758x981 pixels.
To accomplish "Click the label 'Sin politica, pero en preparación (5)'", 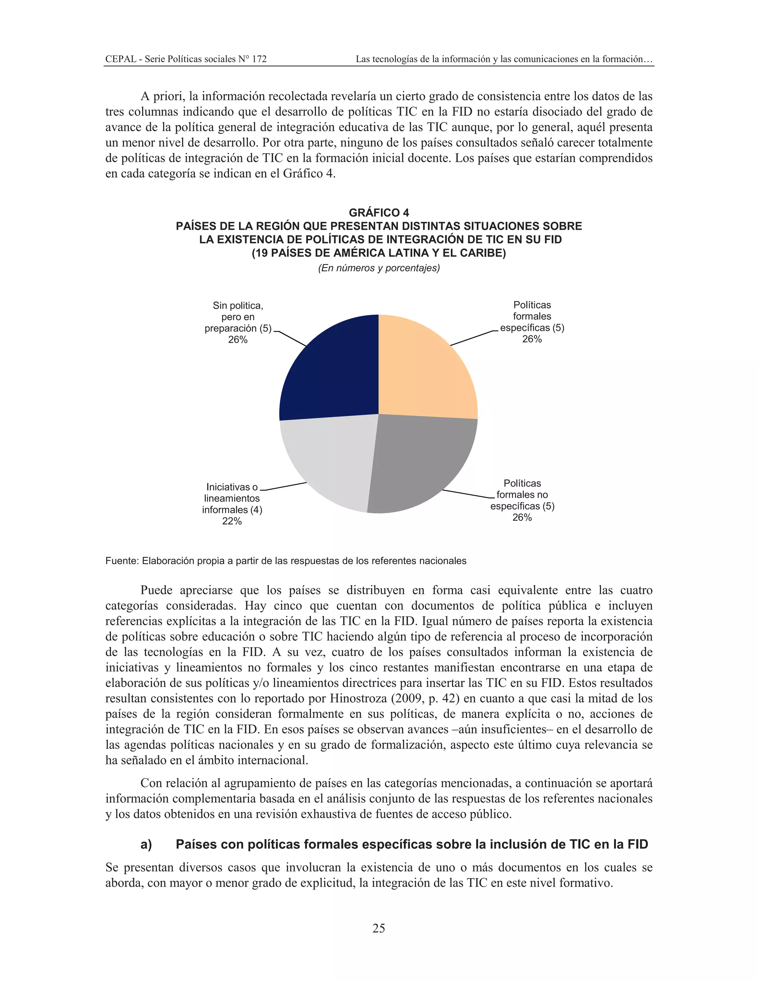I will point(238,317).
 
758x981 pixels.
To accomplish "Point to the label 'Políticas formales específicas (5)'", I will point(532,316).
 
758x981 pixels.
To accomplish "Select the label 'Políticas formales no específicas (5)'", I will point(522,495).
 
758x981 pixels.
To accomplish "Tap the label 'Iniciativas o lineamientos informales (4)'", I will point(232,498).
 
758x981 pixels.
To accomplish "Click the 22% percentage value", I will point(232,521).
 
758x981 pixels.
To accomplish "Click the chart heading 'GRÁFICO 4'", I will point(379,212).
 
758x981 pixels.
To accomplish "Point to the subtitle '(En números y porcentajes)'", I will point(379,268).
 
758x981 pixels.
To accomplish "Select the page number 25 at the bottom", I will point(379,928).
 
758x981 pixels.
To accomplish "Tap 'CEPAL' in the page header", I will point(121,59).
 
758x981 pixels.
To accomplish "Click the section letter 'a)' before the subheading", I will point(147,844).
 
